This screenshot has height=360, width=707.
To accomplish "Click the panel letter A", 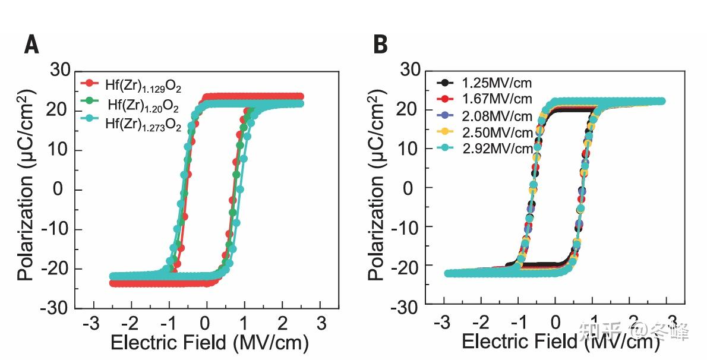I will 31,45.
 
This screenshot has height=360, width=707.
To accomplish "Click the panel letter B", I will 380,45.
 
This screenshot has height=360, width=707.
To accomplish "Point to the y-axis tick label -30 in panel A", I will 57,308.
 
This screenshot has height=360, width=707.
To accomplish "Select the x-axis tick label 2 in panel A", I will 282,324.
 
